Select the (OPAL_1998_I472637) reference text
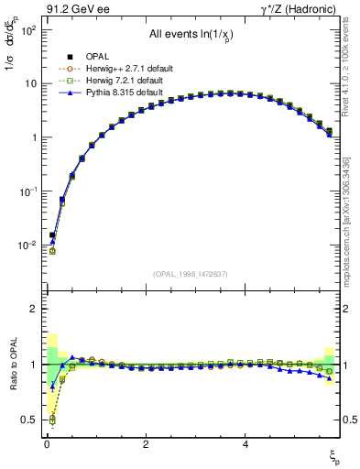pos(191,275)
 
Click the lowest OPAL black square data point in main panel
pos(52,235)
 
